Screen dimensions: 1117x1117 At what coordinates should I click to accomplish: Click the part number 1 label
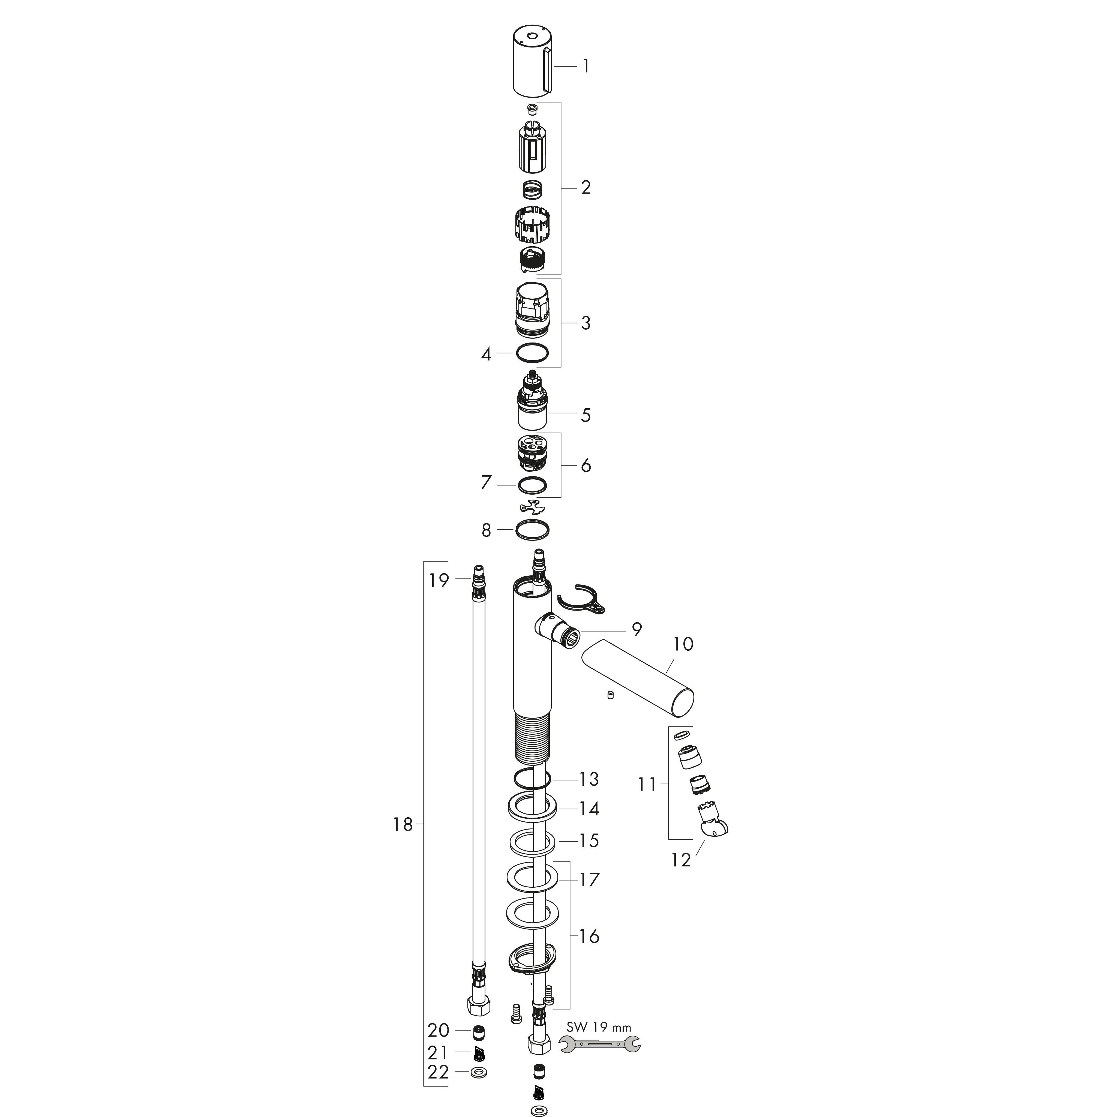point(586,67)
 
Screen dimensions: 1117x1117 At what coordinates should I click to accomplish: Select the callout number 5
point(586,415)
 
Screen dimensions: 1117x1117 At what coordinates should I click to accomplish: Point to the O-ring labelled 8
point(532,530)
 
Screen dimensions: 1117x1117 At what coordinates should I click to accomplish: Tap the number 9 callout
point(636,629)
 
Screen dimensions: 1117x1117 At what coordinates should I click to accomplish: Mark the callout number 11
point(647,785)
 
